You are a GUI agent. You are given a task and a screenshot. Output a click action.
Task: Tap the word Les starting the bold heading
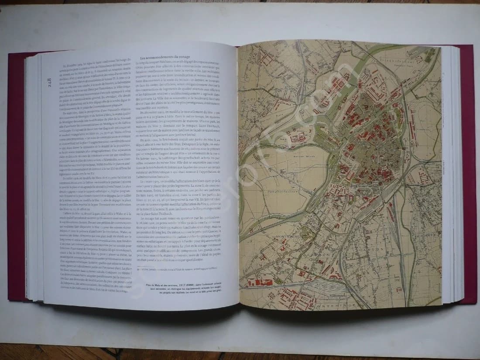[142, 58]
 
